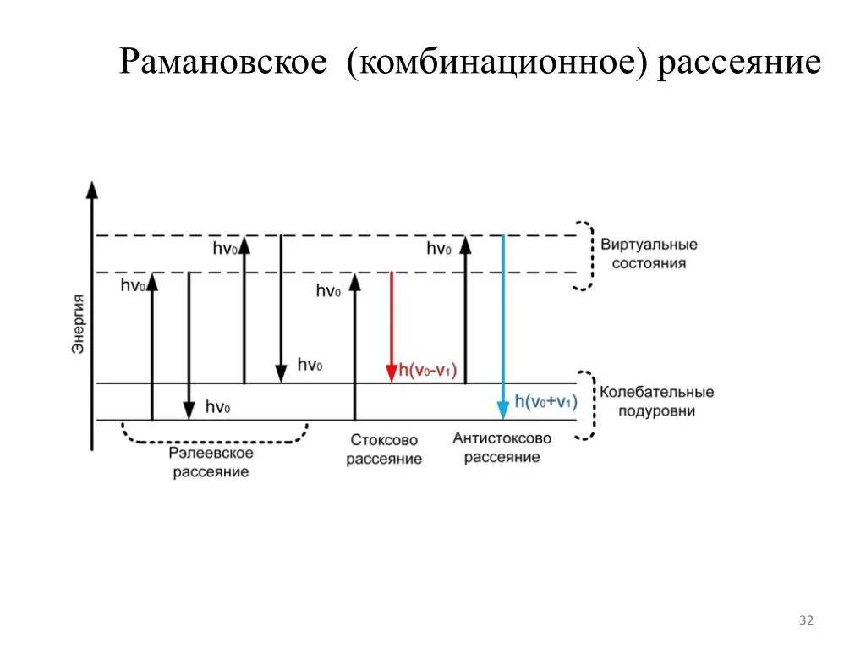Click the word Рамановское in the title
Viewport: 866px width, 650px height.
click(x=222, y=63)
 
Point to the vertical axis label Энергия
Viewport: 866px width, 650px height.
click(x=78, y=323)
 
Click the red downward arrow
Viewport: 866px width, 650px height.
click(x=391, y=326)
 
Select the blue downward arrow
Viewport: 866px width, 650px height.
click(x=503, y=326)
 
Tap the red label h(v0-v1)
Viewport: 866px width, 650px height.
click(x=427, y=370)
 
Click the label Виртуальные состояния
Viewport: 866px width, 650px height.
click(x=649, y=254)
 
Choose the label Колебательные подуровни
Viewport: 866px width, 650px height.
click(x=657, y=401)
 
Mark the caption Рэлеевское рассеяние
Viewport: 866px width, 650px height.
click(x=211, y=462)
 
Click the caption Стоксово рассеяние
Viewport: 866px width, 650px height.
click(x=384, y=449)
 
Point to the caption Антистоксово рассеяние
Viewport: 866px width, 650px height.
click(x=502, y=447)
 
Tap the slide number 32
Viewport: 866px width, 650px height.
click(x=805, y=621)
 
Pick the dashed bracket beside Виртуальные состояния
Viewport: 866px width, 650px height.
click(x=584, y=255)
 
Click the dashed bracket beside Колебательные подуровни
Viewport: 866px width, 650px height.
click(x=585, y=405)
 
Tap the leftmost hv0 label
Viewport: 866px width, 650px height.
click(x=133, y=285)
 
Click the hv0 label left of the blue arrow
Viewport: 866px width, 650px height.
click(x=438, y=248)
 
